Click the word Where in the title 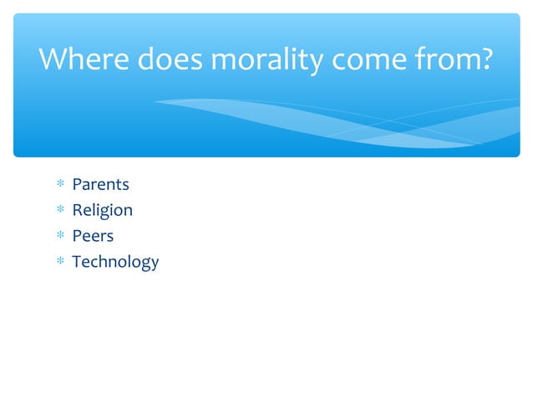coord(79,60)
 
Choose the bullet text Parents coord(100,184)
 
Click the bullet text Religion coord(102,210)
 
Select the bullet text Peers coord(93,236)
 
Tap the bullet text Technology coord(115,262)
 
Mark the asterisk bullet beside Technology coord(59,263)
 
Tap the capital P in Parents coord(77,184)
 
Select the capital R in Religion coord(77,210)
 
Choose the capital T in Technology coord(77,262)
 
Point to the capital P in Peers coord(77,236)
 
